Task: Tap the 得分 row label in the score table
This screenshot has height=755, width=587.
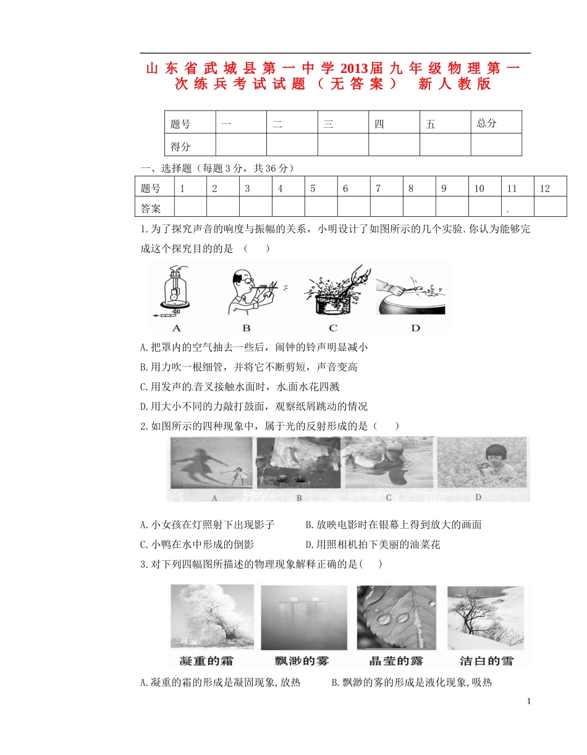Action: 180,146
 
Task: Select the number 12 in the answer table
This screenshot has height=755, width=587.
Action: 544,189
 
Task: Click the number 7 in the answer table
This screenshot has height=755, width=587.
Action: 378,189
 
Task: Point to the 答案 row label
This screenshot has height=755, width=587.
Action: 151,208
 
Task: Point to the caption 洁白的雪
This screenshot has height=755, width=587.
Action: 486,660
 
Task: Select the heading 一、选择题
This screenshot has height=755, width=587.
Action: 167,168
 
